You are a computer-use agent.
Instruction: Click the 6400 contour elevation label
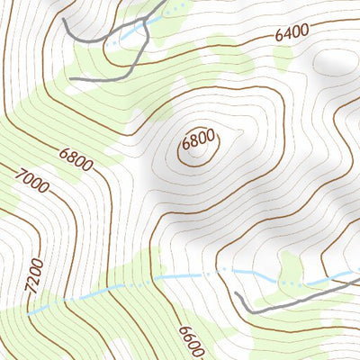click(x=292, y=33)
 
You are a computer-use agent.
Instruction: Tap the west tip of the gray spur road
click(x=70, y=79)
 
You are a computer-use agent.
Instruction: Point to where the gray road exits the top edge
click(x=166, y=2)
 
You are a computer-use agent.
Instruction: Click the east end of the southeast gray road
click(x=357, y=280)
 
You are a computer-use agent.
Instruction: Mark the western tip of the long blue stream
click(x=31, y=312)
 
